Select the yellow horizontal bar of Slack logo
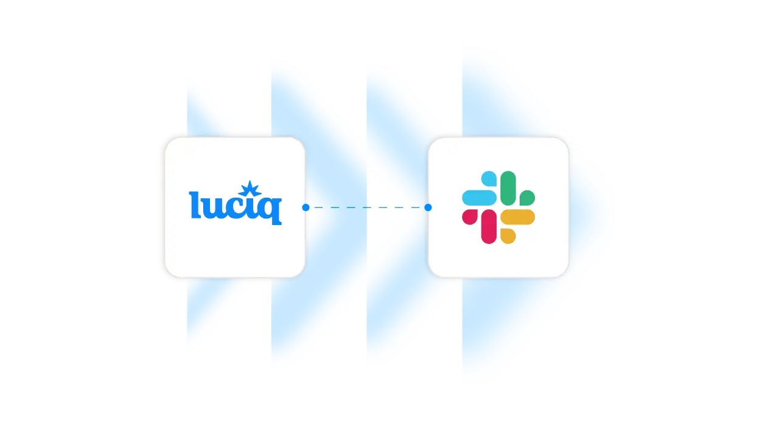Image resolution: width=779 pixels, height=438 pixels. point(517,217)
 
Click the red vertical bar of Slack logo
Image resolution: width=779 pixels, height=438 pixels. point(489,226)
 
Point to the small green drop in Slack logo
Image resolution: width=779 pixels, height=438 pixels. point(527,197)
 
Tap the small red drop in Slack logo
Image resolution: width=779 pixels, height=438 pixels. point(470,217)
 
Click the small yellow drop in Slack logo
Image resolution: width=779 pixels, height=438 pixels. point(508,236)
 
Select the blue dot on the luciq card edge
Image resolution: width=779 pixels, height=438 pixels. point(306,207)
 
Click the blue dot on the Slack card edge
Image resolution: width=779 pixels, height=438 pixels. point(428,207)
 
